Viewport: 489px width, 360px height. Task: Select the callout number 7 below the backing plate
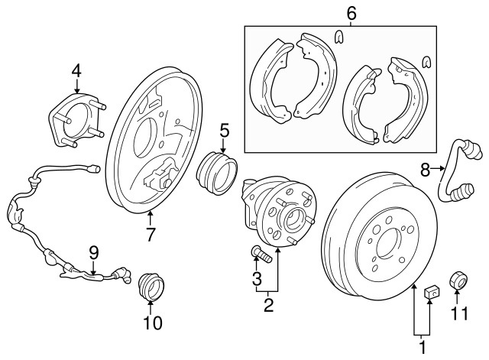pyautogui.click(x=151, y=235)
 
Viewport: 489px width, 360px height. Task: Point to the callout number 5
pyautogui.click(x=224, y=131)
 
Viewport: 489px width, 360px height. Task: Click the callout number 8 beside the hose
pyautogui.click(x=425, y=171)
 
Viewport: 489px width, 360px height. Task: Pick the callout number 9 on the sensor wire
pyautogui.click(x=93, y=251)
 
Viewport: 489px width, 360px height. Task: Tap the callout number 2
pyautogui.click(x=268, y=306)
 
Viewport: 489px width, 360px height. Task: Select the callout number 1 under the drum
pyautogui.click(x=421, y=348)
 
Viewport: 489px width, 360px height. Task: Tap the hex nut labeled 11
pyautogui.click(x=458, y=280)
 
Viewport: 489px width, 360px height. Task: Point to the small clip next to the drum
pyautogui.click(x=430, y=291)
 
